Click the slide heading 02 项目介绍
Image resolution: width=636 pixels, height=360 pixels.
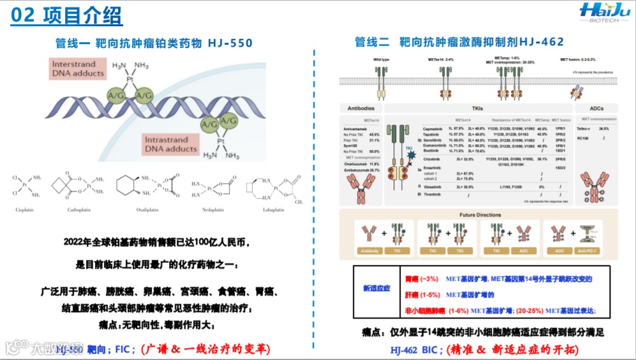68,16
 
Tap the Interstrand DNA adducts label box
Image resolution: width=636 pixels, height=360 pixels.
78,69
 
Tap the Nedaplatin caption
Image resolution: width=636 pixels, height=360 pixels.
208,209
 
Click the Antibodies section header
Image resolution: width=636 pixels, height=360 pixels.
361,109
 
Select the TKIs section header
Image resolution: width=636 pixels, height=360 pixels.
477,109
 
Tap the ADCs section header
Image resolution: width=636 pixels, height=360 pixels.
596,109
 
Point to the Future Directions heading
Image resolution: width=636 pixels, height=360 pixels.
480,215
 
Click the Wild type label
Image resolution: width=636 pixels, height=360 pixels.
381,59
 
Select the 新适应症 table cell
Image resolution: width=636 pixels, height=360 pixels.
376,288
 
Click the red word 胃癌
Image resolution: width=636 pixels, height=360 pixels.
413,279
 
